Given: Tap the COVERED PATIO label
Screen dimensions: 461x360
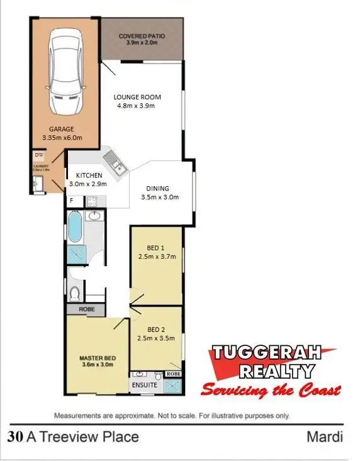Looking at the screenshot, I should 142,36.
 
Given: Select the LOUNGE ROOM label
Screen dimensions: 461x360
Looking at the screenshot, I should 137,97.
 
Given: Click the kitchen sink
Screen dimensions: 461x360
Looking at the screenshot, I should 115,162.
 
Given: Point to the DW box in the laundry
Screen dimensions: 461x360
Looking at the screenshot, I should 38,154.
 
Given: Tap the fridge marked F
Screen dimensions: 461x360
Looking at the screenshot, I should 72,201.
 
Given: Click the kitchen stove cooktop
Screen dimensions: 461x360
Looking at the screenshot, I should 91,201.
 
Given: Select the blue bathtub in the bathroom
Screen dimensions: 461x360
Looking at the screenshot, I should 74,226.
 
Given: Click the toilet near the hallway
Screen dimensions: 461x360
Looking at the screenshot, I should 75,292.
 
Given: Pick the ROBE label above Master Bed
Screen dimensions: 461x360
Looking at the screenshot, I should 87,310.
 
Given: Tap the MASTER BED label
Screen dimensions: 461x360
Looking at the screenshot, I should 96,358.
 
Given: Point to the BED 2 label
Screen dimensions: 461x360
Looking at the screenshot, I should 156,329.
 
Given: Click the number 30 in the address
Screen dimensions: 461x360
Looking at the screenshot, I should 16,436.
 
